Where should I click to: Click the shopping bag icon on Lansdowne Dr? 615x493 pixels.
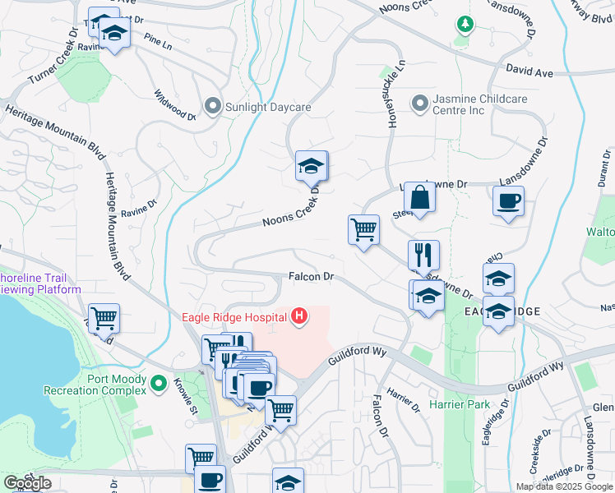419,198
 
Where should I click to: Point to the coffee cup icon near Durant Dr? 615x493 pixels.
508,200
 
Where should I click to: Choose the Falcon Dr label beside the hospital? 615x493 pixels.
311,277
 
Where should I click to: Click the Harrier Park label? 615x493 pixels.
459,404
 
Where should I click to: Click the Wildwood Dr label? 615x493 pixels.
175,105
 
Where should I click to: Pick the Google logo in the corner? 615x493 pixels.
27,483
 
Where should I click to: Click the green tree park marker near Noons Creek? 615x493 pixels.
465,25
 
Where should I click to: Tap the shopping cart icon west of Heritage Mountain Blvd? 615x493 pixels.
104,317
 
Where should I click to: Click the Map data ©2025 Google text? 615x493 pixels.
564,486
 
